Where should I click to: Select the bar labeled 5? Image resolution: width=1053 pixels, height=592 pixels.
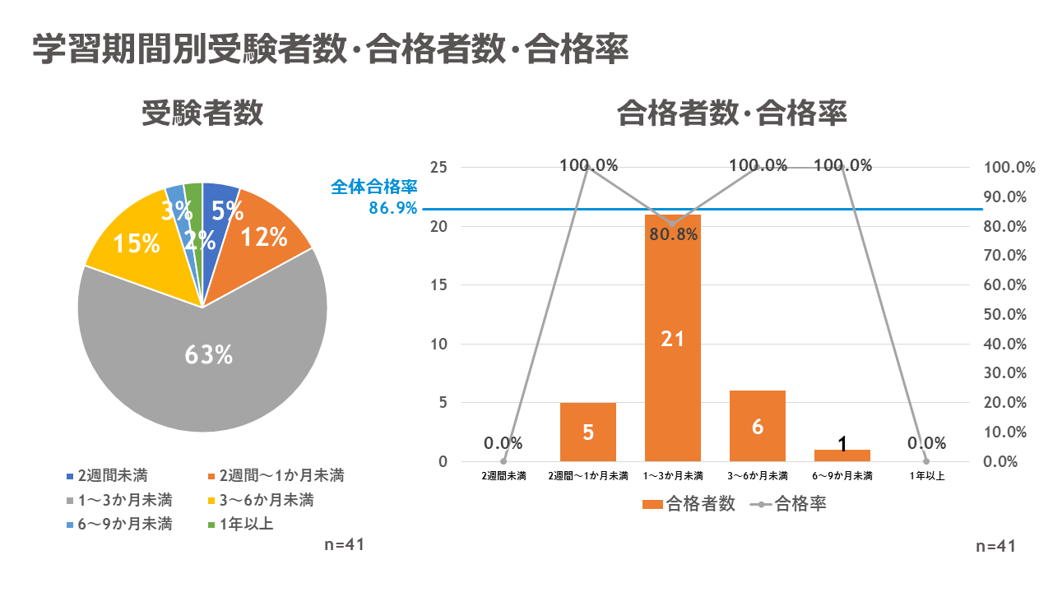588,432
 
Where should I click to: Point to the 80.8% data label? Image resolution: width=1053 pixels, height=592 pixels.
673,235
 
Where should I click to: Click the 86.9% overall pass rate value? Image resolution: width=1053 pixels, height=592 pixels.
393,209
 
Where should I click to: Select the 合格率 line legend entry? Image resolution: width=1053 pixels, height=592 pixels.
790,504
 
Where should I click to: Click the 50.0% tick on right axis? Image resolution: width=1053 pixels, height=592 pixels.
1010,315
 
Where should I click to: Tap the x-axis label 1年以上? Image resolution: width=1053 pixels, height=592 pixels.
926,476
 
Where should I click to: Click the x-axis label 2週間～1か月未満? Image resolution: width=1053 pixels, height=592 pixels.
588,476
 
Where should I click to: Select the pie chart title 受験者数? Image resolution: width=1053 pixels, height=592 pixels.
202,114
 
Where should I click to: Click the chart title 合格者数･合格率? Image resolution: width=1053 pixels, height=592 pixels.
732,114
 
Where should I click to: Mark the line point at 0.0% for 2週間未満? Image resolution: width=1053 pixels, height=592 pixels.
503,461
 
